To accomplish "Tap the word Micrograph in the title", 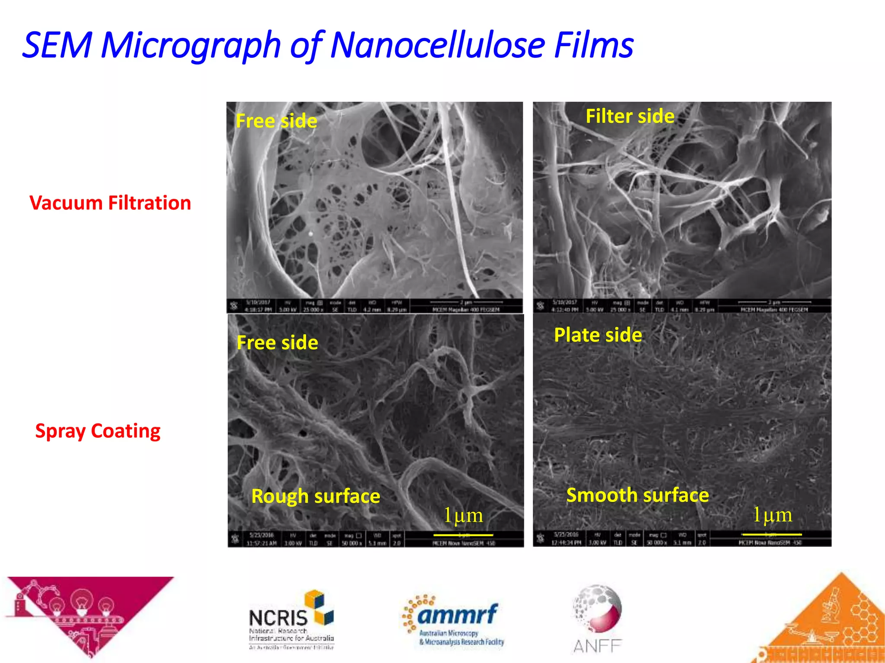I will [191, 46].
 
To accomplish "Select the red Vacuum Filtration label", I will [110, 203].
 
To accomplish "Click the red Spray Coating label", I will [98, 431].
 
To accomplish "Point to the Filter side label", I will [630, 116].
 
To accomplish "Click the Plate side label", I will [598, 335].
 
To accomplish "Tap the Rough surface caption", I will [315, 496].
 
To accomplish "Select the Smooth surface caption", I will [637, 495].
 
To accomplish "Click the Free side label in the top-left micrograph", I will [276, 121].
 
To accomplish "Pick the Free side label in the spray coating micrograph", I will [277, 343].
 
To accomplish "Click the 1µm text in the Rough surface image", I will [463, 515].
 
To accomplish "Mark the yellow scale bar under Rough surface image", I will [463, 535].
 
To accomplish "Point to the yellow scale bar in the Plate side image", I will [771, 534].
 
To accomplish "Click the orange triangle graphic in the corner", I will [830, 626].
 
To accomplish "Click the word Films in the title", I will [594, 45].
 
